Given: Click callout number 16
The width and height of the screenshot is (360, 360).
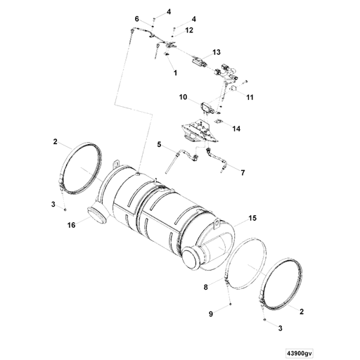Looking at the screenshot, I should tap(71, 225).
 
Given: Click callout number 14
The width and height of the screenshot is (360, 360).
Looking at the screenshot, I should tap(236, 129).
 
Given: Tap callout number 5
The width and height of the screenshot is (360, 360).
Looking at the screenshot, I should tap(159, 144).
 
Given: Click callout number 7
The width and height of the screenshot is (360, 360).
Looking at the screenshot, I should tap(243, 172).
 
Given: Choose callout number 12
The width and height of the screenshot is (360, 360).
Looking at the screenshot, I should tap(189, 30).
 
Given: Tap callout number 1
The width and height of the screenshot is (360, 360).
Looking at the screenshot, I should tap(172, 72).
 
